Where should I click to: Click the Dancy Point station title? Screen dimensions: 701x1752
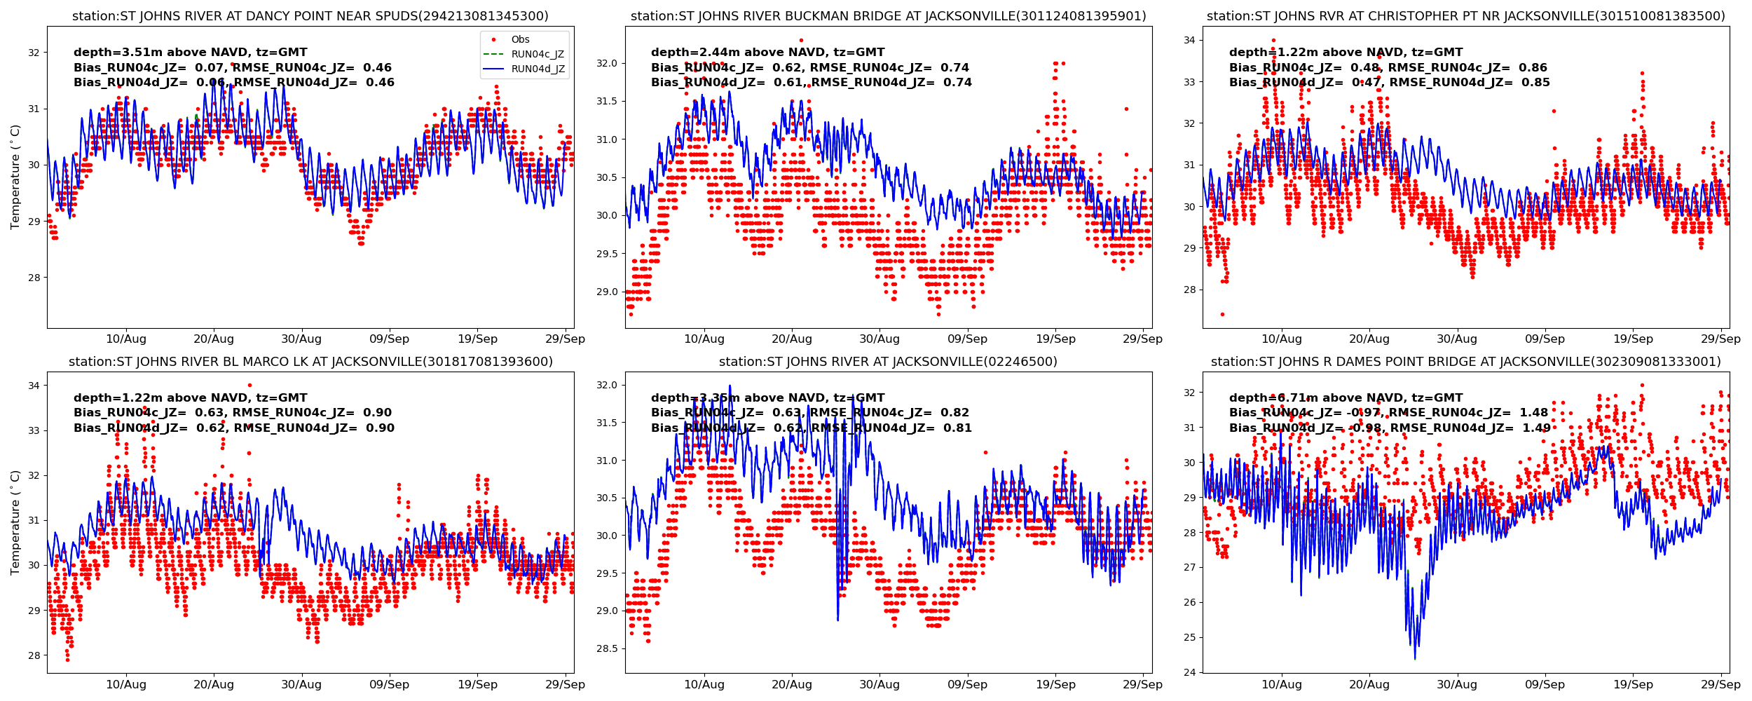[310, 16]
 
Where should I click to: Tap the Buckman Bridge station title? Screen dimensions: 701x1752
[888, 16]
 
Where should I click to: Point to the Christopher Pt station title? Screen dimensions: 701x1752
[1465, 16]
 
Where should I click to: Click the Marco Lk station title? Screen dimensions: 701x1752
[310, 362]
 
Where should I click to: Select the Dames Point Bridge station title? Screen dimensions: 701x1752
[1465, 362]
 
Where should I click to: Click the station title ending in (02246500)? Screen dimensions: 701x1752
[888, 362]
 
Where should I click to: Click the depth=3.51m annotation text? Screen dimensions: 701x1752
[190, 53]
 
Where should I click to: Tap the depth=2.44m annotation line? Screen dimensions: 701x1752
[767, 53]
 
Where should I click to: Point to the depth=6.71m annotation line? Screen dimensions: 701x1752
[1346, 398]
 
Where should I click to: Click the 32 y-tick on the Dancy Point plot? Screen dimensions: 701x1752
[34, 53]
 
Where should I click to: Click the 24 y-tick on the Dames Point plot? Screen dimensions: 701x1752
[1189, 673]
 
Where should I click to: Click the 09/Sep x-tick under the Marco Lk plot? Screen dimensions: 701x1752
[389, 685]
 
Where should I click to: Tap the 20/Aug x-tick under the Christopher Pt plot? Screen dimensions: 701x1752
[1369, 339]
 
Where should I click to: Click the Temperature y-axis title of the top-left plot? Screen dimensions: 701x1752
[15, 177]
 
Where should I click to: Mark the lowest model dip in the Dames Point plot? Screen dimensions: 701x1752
[1415, 658]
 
